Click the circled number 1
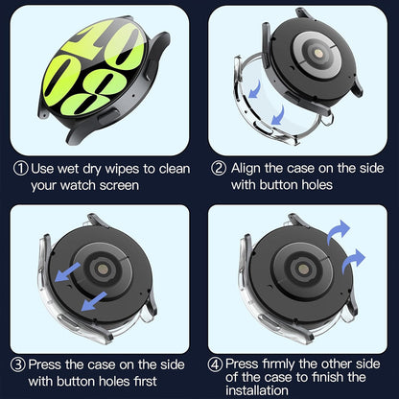coord(20,168)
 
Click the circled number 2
coord(218,168)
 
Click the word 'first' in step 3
coord(156,380)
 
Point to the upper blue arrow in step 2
coord(253,89)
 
